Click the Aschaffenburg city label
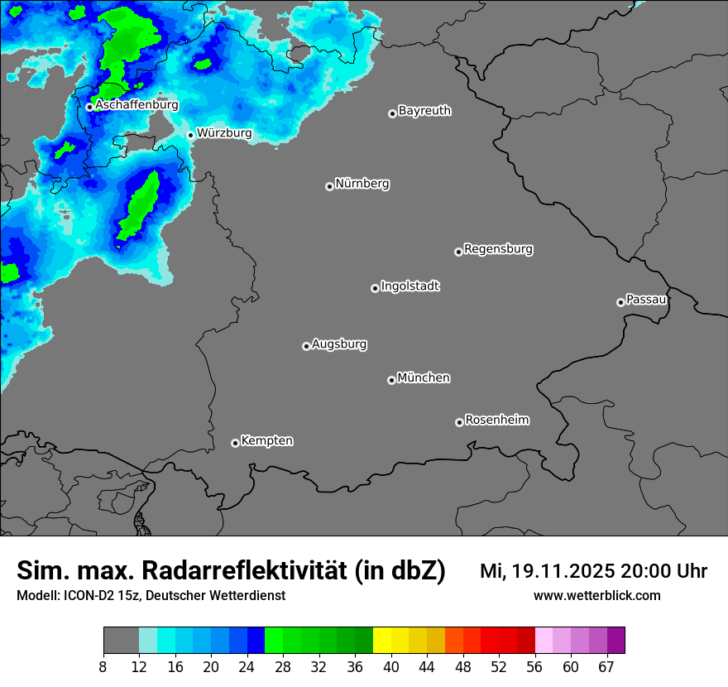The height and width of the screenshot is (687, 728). (136, 105)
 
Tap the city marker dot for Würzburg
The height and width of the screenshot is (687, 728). (190, 135)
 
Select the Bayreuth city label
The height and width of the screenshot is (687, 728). (424, 110)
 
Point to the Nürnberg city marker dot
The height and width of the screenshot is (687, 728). (329, 186)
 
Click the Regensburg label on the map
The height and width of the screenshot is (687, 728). (498, 248)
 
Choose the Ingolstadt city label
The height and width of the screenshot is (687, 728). (409, 286)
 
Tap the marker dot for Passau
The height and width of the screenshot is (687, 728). (620, 302)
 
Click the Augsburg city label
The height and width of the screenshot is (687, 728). (339, 343)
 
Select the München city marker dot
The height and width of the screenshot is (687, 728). (391, 380)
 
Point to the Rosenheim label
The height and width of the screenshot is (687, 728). (496, 420)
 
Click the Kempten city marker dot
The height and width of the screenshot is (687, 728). (235, 443)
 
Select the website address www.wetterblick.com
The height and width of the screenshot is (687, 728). (596, 595)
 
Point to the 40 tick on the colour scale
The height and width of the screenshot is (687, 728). (391, 666)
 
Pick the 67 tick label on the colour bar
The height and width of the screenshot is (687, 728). (606, 666)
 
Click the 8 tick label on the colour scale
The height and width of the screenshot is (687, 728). (103, 666)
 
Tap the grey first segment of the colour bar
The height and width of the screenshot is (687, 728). (121, 641)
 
